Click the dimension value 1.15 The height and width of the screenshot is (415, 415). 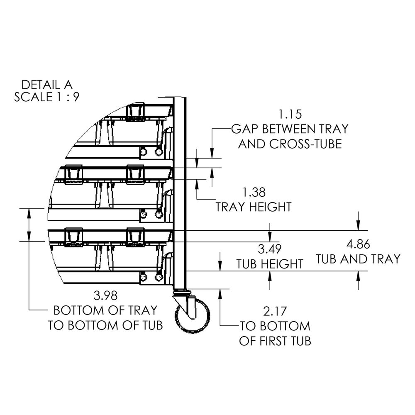(289, 114)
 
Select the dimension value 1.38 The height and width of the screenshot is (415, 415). (254, 192)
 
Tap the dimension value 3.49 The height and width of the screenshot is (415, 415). (270, 249)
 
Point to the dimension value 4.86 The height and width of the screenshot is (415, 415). (357, 244)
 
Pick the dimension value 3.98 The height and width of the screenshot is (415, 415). (106, 295)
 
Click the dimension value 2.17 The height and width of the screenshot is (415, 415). (274, 311)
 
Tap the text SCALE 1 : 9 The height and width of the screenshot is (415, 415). (47, 97)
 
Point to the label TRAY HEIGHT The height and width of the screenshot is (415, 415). (254, 207)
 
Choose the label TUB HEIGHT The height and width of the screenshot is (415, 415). (270, 264)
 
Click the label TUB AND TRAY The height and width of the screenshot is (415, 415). (358, 259)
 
